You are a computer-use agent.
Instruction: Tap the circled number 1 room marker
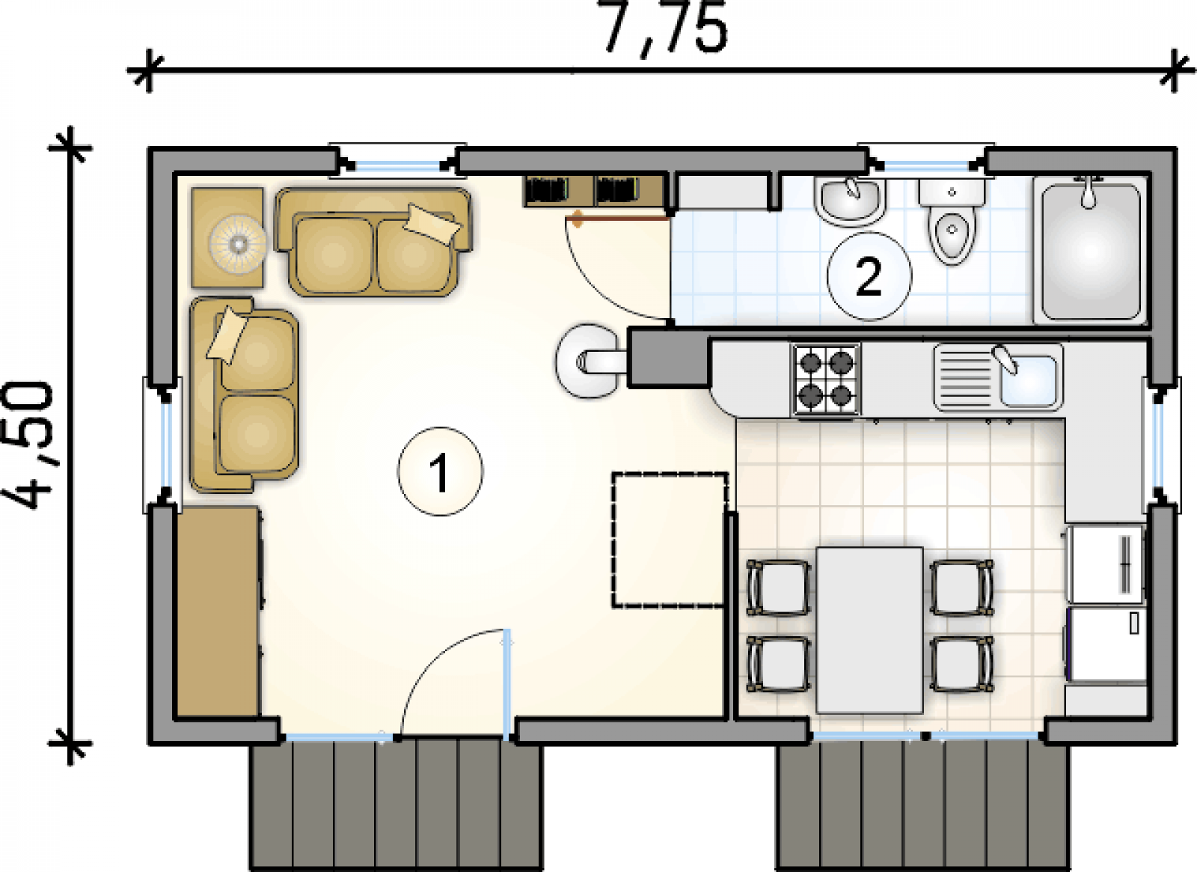(440, 471)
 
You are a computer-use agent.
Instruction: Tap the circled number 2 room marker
(869, 276)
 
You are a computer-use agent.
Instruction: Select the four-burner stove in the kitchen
(826, 379)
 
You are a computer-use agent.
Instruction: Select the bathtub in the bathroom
(1091, 251)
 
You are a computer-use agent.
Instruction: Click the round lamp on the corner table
(237, 243)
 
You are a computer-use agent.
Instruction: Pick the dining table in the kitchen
(870, 629)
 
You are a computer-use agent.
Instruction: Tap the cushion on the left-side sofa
(227, 335)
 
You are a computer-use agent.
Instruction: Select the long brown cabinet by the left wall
(218, 612)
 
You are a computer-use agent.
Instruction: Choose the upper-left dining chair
(779, 588)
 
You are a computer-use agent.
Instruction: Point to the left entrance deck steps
(396, 805)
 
